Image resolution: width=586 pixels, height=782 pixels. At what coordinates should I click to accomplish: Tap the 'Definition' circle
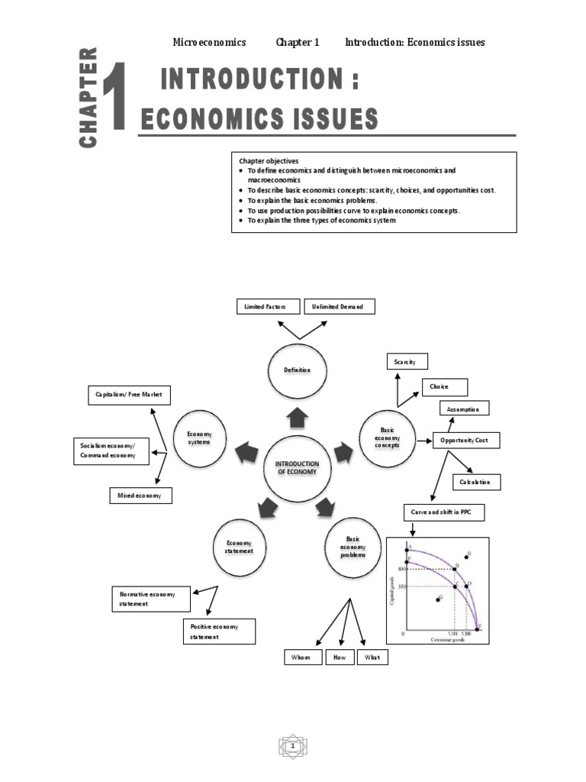[x=298, y=370]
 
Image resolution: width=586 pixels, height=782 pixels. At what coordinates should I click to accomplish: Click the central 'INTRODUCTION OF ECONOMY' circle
[x=298, y=467]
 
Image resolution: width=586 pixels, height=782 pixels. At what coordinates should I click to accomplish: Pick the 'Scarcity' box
[x=407, y=361]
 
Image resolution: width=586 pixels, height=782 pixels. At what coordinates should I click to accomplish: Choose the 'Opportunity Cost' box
[x=465, y=441]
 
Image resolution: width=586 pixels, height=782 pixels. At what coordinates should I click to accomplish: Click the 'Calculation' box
[x=477, y=482]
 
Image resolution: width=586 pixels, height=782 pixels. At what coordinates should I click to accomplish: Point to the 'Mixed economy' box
[x=140, y=496]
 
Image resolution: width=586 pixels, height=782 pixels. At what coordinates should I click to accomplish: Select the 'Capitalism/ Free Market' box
[x=128, y=395]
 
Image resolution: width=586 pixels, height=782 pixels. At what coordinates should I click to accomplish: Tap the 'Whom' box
[x=301, y=657]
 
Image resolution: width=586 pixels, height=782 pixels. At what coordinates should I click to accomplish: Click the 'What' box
[x=372, y=657]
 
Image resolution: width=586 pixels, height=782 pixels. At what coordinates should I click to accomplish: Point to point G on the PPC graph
[x=437, y=599]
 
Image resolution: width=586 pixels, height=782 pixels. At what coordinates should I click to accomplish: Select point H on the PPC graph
[x=466, y=557]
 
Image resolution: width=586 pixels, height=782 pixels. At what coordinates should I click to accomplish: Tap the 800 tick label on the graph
[x=401, y=569]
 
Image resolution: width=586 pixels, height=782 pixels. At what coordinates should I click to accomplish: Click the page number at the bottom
[x=292, y=745]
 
